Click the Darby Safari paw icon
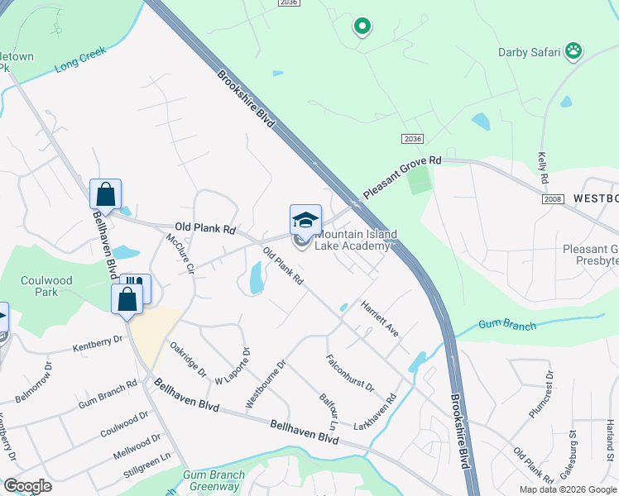click(573, 52)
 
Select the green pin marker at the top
click(362, 27)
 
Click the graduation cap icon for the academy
click(305, 220)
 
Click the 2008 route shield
click(554, 200)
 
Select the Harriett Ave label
click(380, 318)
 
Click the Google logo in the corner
click(27, 486)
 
